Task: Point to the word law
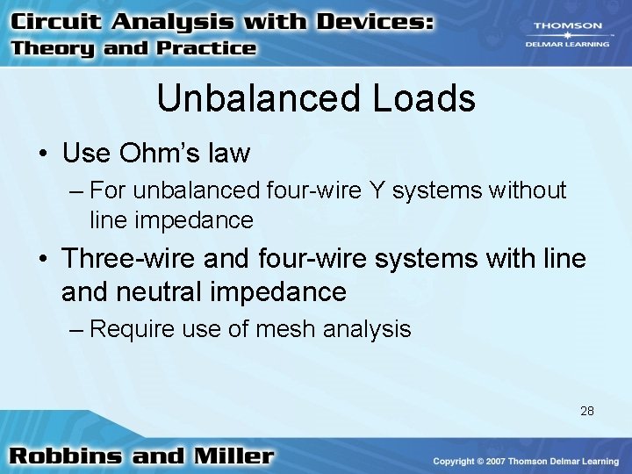(x=230, y=154)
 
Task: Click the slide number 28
(x=587, y=410)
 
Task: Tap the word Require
(x=128, y=329)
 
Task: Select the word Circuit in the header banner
(x=59, y=21)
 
